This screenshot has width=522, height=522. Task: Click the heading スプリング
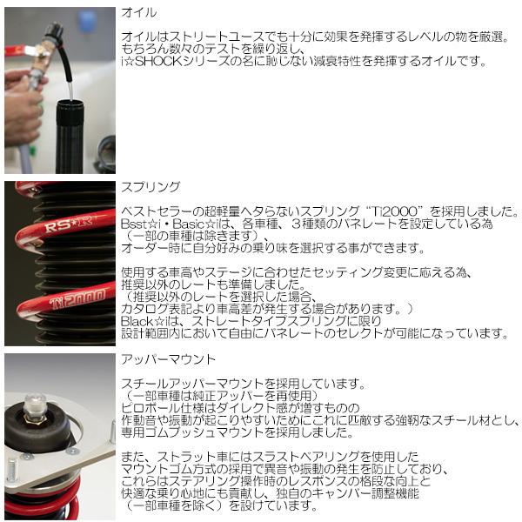(152, 187)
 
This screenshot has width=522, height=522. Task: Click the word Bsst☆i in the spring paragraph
(140, 224)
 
